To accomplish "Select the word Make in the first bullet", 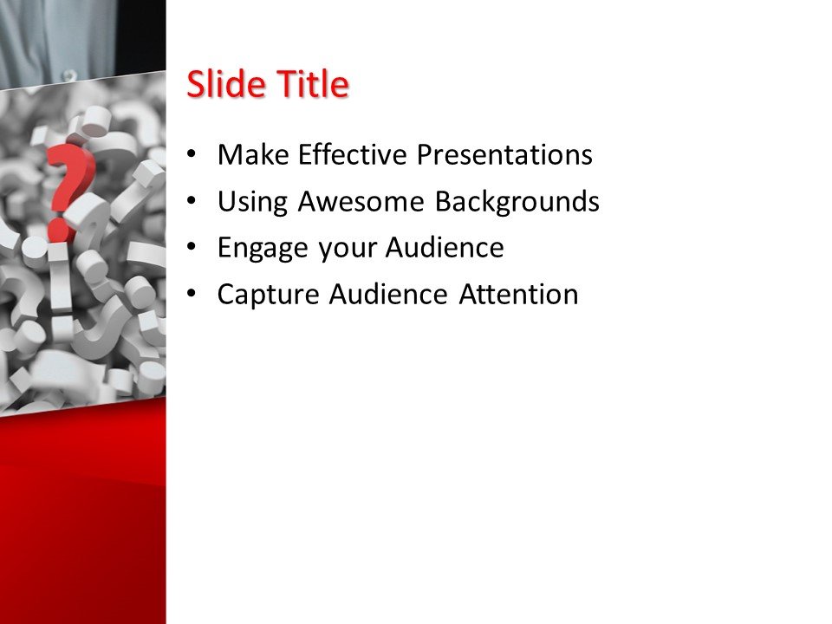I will (253, 155).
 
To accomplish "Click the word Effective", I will (353, 155).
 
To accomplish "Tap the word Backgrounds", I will (517, 202).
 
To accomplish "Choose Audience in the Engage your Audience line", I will (445, 248).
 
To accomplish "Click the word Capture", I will (269, 295).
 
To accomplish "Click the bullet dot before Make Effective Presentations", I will (192, 156).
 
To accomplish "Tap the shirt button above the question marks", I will (68, 76).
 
